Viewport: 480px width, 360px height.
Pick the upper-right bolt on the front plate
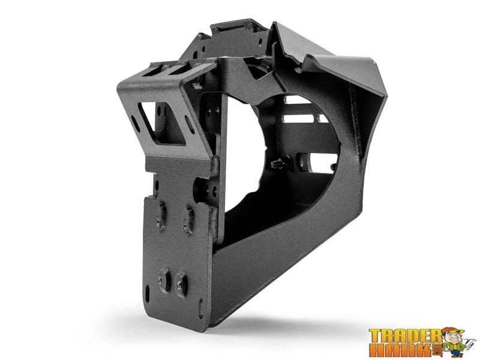click(188, 214)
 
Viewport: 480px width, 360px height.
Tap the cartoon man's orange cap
click(448, 331)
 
